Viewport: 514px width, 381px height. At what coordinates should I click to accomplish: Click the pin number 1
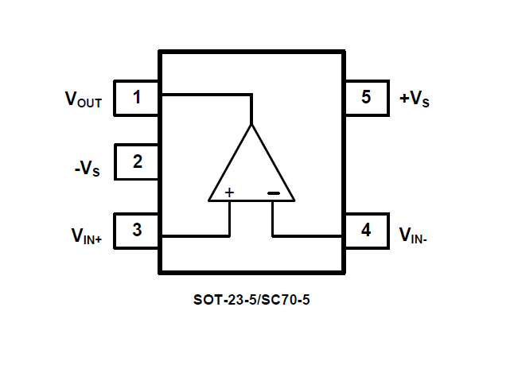(137, 98)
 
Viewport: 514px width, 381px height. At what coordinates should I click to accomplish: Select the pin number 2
(137, 162)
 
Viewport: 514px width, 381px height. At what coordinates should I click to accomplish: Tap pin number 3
(137, 231)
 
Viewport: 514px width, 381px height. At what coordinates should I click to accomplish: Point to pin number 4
(365, 231)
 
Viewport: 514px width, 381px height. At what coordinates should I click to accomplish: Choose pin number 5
(365, 98)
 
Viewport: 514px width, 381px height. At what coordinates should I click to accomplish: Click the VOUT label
(84, 99)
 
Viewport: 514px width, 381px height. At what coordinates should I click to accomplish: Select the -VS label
(86, 168)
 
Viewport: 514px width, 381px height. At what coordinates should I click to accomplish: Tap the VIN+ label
(86, 235)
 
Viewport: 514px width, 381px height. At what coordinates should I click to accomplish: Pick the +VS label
(415, 99)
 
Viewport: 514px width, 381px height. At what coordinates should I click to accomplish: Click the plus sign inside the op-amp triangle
(229, 192)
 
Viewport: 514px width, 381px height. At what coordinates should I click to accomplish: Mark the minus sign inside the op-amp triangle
(273, 192)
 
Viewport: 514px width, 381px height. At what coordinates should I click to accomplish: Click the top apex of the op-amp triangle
(251, 126)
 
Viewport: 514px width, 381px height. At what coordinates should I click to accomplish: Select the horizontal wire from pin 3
(195, 236)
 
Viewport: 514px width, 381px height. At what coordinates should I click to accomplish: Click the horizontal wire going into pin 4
(309, 236)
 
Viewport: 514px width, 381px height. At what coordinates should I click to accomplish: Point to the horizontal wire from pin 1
(205, 95)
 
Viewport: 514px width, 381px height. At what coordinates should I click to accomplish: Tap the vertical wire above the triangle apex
(251, 110)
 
